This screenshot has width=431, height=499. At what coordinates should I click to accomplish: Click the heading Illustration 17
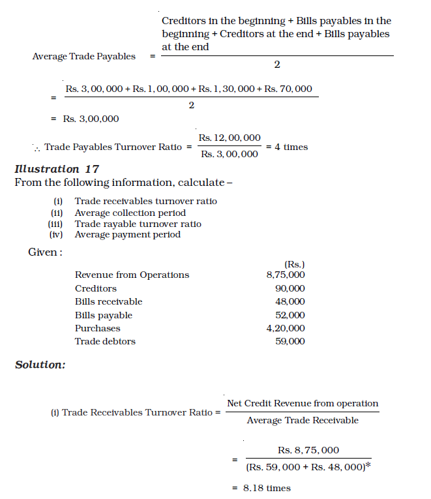[x=57, y=170]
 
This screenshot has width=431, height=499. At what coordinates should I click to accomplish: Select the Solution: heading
[x=40, y=365]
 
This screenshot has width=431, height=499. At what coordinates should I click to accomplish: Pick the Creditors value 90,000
[x=291, y=288]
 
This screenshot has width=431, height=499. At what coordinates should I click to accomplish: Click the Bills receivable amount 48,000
[x=291, y=301]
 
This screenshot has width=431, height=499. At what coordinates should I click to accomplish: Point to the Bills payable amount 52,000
[x=291, y=315]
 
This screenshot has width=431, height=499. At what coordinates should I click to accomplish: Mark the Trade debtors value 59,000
[x=291, y=341]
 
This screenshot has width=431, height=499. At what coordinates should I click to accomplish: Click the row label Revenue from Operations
[x=132, y=275]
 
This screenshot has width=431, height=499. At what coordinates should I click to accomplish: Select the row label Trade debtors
[x=105, y=341]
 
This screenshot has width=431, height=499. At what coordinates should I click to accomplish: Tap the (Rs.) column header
[x=295, y=264]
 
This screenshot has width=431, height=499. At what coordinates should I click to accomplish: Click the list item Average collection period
[x=130, y=213]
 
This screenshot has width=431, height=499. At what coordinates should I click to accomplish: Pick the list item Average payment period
[x=127, y=235]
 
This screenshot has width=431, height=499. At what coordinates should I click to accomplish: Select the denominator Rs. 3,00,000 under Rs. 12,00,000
[x=229, y=155]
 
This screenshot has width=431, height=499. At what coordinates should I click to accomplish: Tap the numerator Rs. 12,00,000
[x=230, y=138]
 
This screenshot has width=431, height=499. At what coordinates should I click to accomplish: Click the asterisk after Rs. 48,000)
[x=368, y=465]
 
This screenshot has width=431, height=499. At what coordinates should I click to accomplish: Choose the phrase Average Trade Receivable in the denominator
[x=303, y=421]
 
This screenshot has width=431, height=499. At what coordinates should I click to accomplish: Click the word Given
[x=44, y=252]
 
